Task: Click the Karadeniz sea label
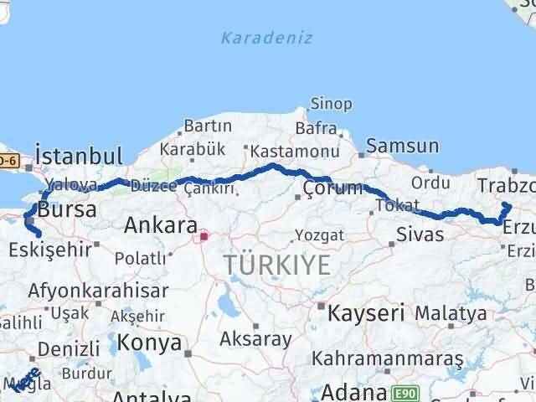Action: (x=266, y=38)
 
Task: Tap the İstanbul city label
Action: (x=80, y=156)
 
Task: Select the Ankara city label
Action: (x=160, y=225)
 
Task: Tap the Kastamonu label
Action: (x=292, y=152)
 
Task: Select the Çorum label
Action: (x=333, y=188)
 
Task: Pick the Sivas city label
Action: (x=420, y=233)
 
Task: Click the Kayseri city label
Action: (x=365, y=313)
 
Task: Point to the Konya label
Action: (x=150, y=342)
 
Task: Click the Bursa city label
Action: (x=68, y=210)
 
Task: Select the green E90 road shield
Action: (x=407, y=392)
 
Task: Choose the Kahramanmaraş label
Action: (x=388, y=358)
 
